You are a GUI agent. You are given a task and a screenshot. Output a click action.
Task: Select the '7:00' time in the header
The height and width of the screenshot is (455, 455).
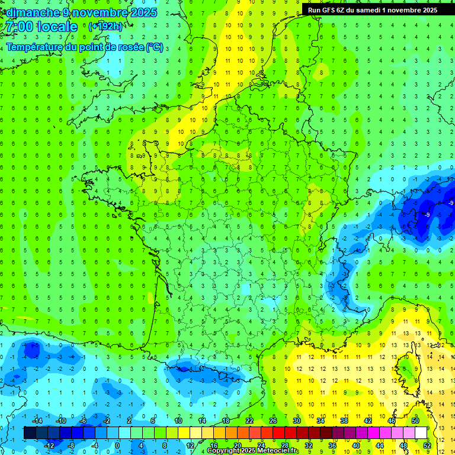(x=17, y=27)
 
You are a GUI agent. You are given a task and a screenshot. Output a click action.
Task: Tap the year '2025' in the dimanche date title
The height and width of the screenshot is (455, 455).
(x=142, y=12)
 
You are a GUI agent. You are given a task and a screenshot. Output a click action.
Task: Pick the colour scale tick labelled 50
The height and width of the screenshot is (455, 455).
(x=415, y=420)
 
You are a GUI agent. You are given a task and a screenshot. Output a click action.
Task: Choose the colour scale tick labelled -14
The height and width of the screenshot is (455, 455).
(x=37, y=420)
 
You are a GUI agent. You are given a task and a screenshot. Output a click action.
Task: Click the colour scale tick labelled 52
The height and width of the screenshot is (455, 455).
(x=427, y=446)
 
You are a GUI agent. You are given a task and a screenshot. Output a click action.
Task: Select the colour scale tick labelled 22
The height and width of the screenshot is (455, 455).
(x=249, y=420)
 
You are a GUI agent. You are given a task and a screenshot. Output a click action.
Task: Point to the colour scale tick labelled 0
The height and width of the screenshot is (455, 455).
(x=117, y=446)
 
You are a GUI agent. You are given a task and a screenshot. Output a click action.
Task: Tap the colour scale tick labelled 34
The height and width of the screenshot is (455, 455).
(x=321, y=420)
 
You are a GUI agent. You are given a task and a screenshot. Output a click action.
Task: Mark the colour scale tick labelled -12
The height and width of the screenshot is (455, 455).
(x=49, y=446)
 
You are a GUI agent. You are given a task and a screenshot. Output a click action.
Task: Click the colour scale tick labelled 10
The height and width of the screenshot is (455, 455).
(x=178, y=420)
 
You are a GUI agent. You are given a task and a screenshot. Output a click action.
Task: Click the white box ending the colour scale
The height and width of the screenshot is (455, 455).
(x=421, y=433)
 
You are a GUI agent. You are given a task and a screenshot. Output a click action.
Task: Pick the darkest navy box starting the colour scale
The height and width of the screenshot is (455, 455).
(x=30, y=433)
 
